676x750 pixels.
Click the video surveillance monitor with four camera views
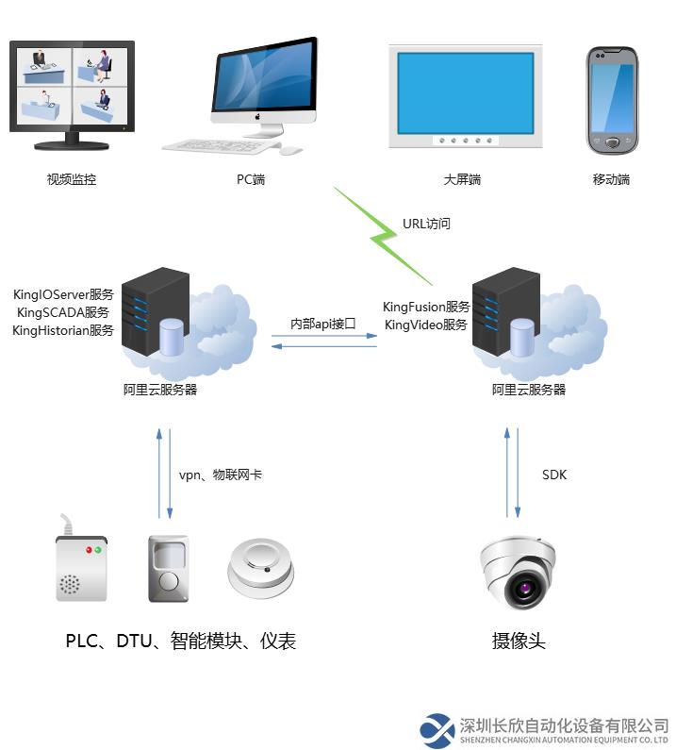(x=72, y=92)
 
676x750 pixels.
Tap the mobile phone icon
(x=612, y=99)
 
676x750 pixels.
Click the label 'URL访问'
(x=426, y=224)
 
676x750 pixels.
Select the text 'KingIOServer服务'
(x=63, y=294)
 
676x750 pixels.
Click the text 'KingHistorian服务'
(x=63, y=330)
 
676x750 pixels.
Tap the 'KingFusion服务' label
(x=426, y=307)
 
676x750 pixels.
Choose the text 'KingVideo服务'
(x=426, y=325)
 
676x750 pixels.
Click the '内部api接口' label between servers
(x=322, y=324)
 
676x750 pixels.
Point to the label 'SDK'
(x=554, y=475)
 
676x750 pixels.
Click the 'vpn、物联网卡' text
(x=221, y=475)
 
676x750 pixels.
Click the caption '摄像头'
(x=519, y=642)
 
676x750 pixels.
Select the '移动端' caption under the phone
(x=611, y=179)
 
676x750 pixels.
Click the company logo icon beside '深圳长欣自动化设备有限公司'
(x=438, y=730)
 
